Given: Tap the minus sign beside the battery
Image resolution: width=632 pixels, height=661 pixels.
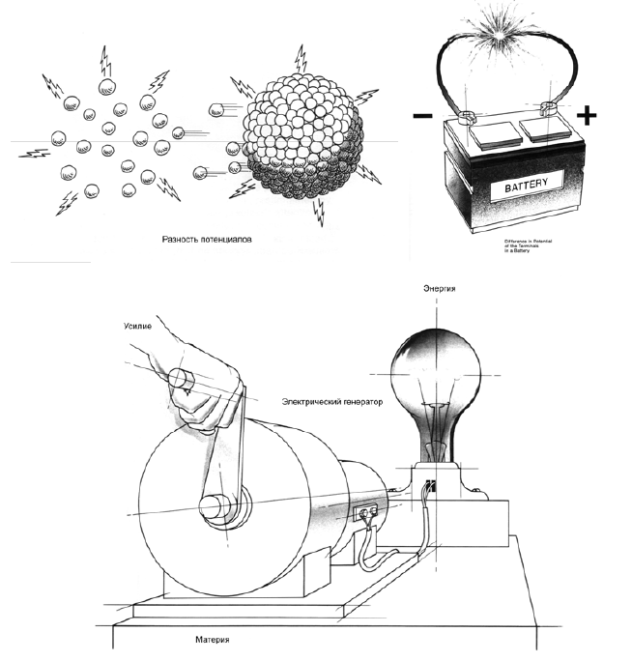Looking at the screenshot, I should tap(423, 116).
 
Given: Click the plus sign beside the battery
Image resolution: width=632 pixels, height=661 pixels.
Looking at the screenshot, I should tap(587, 116).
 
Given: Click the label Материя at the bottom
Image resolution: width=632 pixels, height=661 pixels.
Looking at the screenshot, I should tap(209, 640).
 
